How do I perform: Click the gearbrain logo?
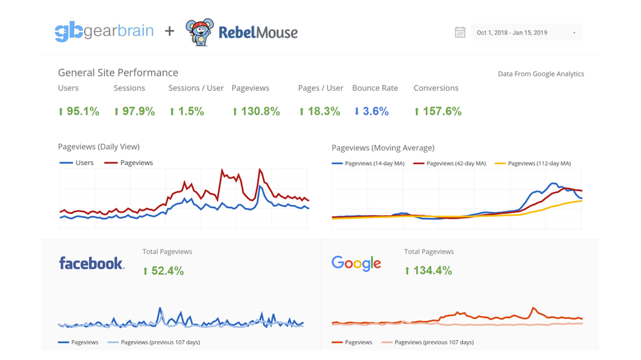104,31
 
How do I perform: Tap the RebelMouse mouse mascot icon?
199,32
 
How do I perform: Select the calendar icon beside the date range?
460,32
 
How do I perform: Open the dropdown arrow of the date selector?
574,33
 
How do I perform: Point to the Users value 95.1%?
78,111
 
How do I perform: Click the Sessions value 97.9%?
134,111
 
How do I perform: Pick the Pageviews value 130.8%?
256,111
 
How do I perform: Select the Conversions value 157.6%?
438,111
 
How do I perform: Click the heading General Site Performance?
118,73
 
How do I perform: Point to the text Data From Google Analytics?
541,74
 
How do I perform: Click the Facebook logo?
92,263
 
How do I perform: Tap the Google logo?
356,263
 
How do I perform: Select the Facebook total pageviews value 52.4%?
163,270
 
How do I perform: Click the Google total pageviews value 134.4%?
428,270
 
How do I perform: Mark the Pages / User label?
320,88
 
